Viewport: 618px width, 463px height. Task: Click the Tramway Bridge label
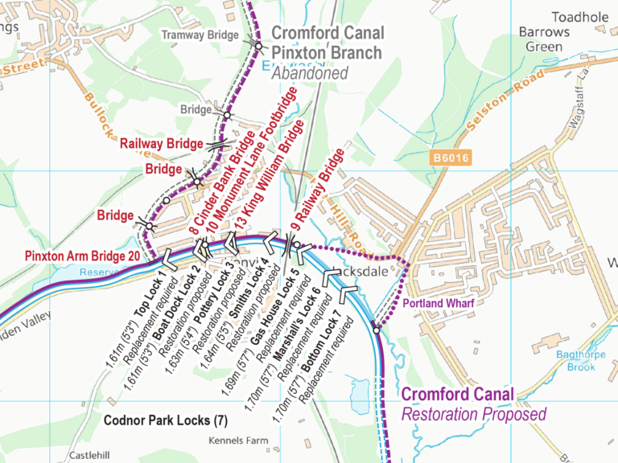pos(200,35)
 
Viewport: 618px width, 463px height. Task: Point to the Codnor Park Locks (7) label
pos(166,420)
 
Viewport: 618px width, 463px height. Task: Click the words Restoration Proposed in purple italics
pos(462,414)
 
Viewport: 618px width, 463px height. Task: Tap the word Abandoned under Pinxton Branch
pos(310,73)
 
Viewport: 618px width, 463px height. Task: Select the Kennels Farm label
pos(238,441)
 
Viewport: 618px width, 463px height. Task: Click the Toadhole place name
pos(580,17)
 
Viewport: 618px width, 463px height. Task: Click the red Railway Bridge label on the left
pos(161,144)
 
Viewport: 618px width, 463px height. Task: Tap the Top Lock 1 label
pos(150,297)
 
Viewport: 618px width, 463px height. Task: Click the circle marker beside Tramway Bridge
pos(258,45)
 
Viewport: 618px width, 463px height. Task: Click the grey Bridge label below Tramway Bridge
pos(196,109)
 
